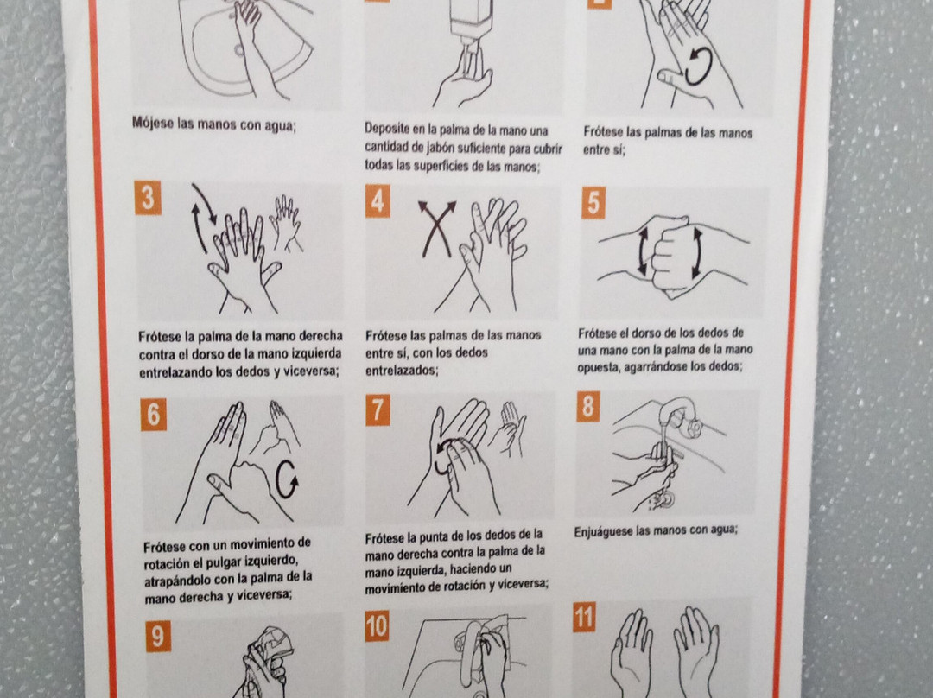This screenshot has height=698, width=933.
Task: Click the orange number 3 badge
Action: [x=148, y=198]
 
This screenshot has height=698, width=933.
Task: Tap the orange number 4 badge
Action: [x=378, y=200]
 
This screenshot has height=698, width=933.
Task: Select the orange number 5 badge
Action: [x=593, y=203]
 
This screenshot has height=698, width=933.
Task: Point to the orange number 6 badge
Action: [x=154, y=414]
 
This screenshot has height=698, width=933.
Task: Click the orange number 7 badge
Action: [x=378, y=410]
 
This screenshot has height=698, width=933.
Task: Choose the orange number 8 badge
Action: [x=588, y=407]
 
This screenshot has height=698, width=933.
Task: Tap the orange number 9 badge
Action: [x=158, y=636]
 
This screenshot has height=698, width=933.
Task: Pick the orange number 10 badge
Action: [x=378, y=626]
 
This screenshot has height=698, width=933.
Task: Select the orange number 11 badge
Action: [x=584, y=617]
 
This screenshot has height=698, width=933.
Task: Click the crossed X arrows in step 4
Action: [x=437, y=229]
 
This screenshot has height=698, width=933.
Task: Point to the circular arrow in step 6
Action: [x=286, y=479]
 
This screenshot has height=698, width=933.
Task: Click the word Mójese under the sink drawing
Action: [x=153, y=124]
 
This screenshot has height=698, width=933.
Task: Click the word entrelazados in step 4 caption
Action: [x=401, y=370]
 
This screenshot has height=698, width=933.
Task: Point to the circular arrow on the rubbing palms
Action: [x=698, y=67]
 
